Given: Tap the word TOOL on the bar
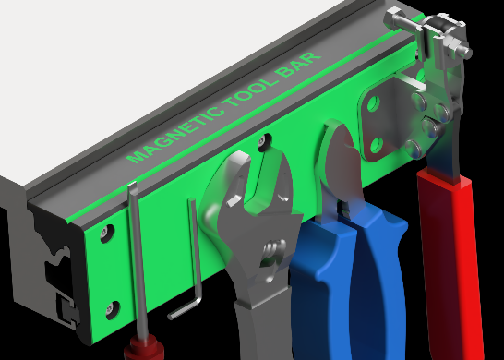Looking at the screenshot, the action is pos(249,91).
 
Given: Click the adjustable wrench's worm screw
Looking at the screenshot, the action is pos(273,252).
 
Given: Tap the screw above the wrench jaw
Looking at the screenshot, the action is pos(265,141).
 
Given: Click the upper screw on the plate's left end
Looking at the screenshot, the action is pos(107,233).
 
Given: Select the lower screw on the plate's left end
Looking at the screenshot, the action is pos(113,310).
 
